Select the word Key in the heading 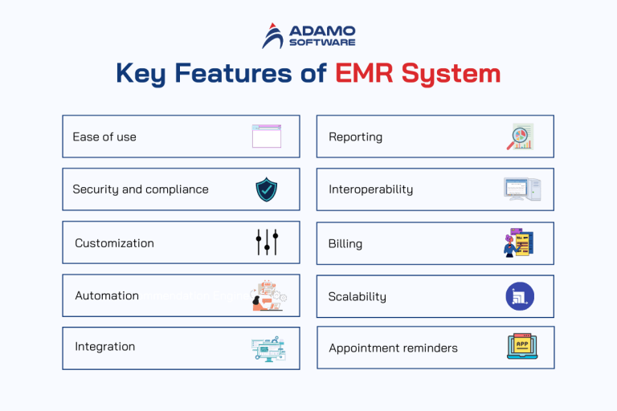142,74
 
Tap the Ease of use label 104,136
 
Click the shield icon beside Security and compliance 267,189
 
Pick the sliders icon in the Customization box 267,242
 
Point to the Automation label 107,295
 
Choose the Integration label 104,347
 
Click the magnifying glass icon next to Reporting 520,136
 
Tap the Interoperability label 370,189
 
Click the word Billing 345,243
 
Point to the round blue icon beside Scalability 520,296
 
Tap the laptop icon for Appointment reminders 521,347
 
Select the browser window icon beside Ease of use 267,136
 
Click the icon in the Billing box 518,242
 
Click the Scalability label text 357,296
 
